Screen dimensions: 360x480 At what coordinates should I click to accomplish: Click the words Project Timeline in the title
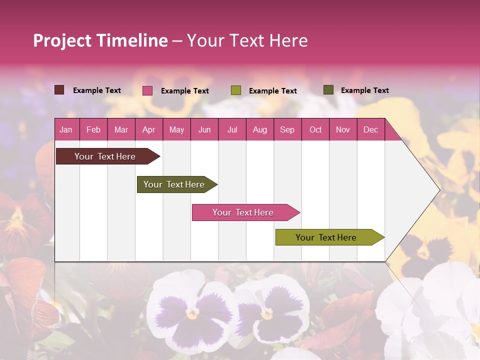pyautogui.click(x=100, y=41)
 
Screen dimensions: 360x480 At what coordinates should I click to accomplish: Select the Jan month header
pyautogui.click(x=66, y=130)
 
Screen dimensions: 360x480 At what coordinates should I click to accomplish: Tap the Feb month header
pyautogui.click(x=93, y=130)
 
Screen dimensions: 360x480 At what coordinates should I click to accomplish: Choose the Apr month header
pyautogui.click(x=148, y=130)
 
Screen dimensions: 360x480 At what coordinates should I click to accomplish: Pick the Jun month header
pyautogui.click(x=204, y=130)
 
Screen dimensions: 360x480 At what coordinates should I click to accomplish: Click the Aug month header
pyautogui.click(x=259, y=130)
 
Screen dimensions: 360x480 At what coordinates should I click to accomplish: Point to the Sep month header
pyautogui.click(x=287, y=130)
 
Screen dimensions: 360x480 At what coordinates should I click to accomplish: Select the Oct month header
pyautogui.click(x=315, y=130)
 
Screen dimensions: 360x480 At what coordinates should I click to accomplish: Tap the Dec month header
pyautogui.click(x=370, y=130)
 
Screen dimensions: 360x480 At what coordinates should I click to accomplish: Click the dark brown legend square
pyautogui.click(x=59, y=90)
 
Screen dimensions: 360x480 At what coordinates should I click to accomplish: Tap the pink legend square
pyautogui.click(x=147, y=90)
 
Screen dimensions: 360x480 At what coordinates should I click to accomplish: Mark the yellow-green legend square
pyautogui.click(x=236, y=90)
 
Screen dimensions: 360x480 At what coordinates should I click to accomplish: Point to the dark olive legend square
pyautogui.click(x=328, y=90)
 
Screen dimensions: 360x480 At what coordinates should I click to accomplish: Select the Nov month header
pyautogui.click(x=343, y=130)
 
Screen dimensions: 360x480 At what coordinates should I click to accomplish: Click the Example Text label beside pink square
pyautogui.click(x=185, y=91)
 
